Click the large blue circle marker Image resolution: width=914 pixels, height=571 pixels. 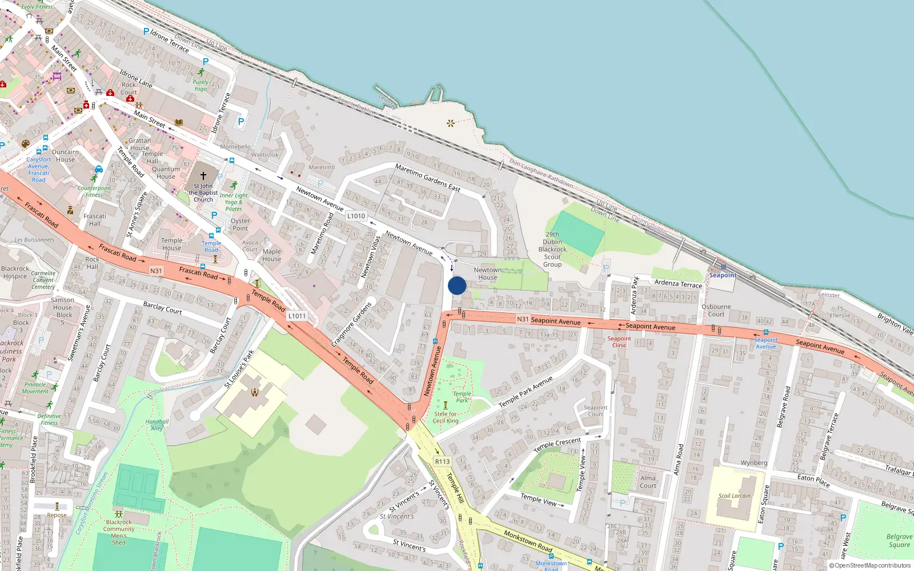(457, 285)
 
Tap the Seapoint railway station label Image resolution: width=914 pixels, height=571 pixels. (723, 275)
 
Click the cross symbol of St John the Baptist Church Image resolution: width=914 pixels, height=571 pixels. (203, 175)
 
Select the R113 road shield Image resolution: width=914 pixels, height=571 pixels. (442, 461)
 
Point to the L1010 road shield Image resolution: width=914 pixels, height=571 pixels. (356, 216)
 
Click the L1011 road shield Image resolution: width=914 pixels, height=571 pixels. (297, 316)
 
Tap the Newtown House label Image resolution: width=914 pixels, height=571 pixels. (487, 274)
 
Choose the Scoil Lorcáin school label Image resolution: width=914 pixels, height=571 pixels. (735, 496)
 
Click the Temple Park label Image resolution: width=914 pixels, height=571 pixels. (462, 397)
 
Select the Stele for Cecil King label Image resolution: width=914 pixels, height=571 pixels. (446, 417)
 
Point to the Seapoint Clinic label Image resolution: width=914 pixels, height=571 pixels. (619, 341)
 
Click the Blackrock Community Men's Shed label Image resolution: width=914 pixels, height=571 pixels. (119, 532)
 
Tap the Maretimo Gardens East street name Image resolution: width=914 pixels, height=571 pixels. (427, 178)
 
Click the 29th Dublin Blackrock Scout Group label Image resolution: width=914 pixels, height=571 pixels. (552, 249)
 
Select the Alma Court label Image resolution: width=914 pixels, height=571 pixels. (648, 482)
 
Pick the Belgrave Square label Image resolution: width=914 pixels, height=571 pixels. (899, 540)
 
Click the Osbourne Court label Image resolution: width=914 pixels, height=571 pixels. (716, 310)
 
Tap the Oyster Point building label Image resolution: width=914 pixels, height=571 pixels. (240, 224)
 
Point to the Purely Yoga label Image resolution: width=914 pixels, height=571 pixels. (201, 85)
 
